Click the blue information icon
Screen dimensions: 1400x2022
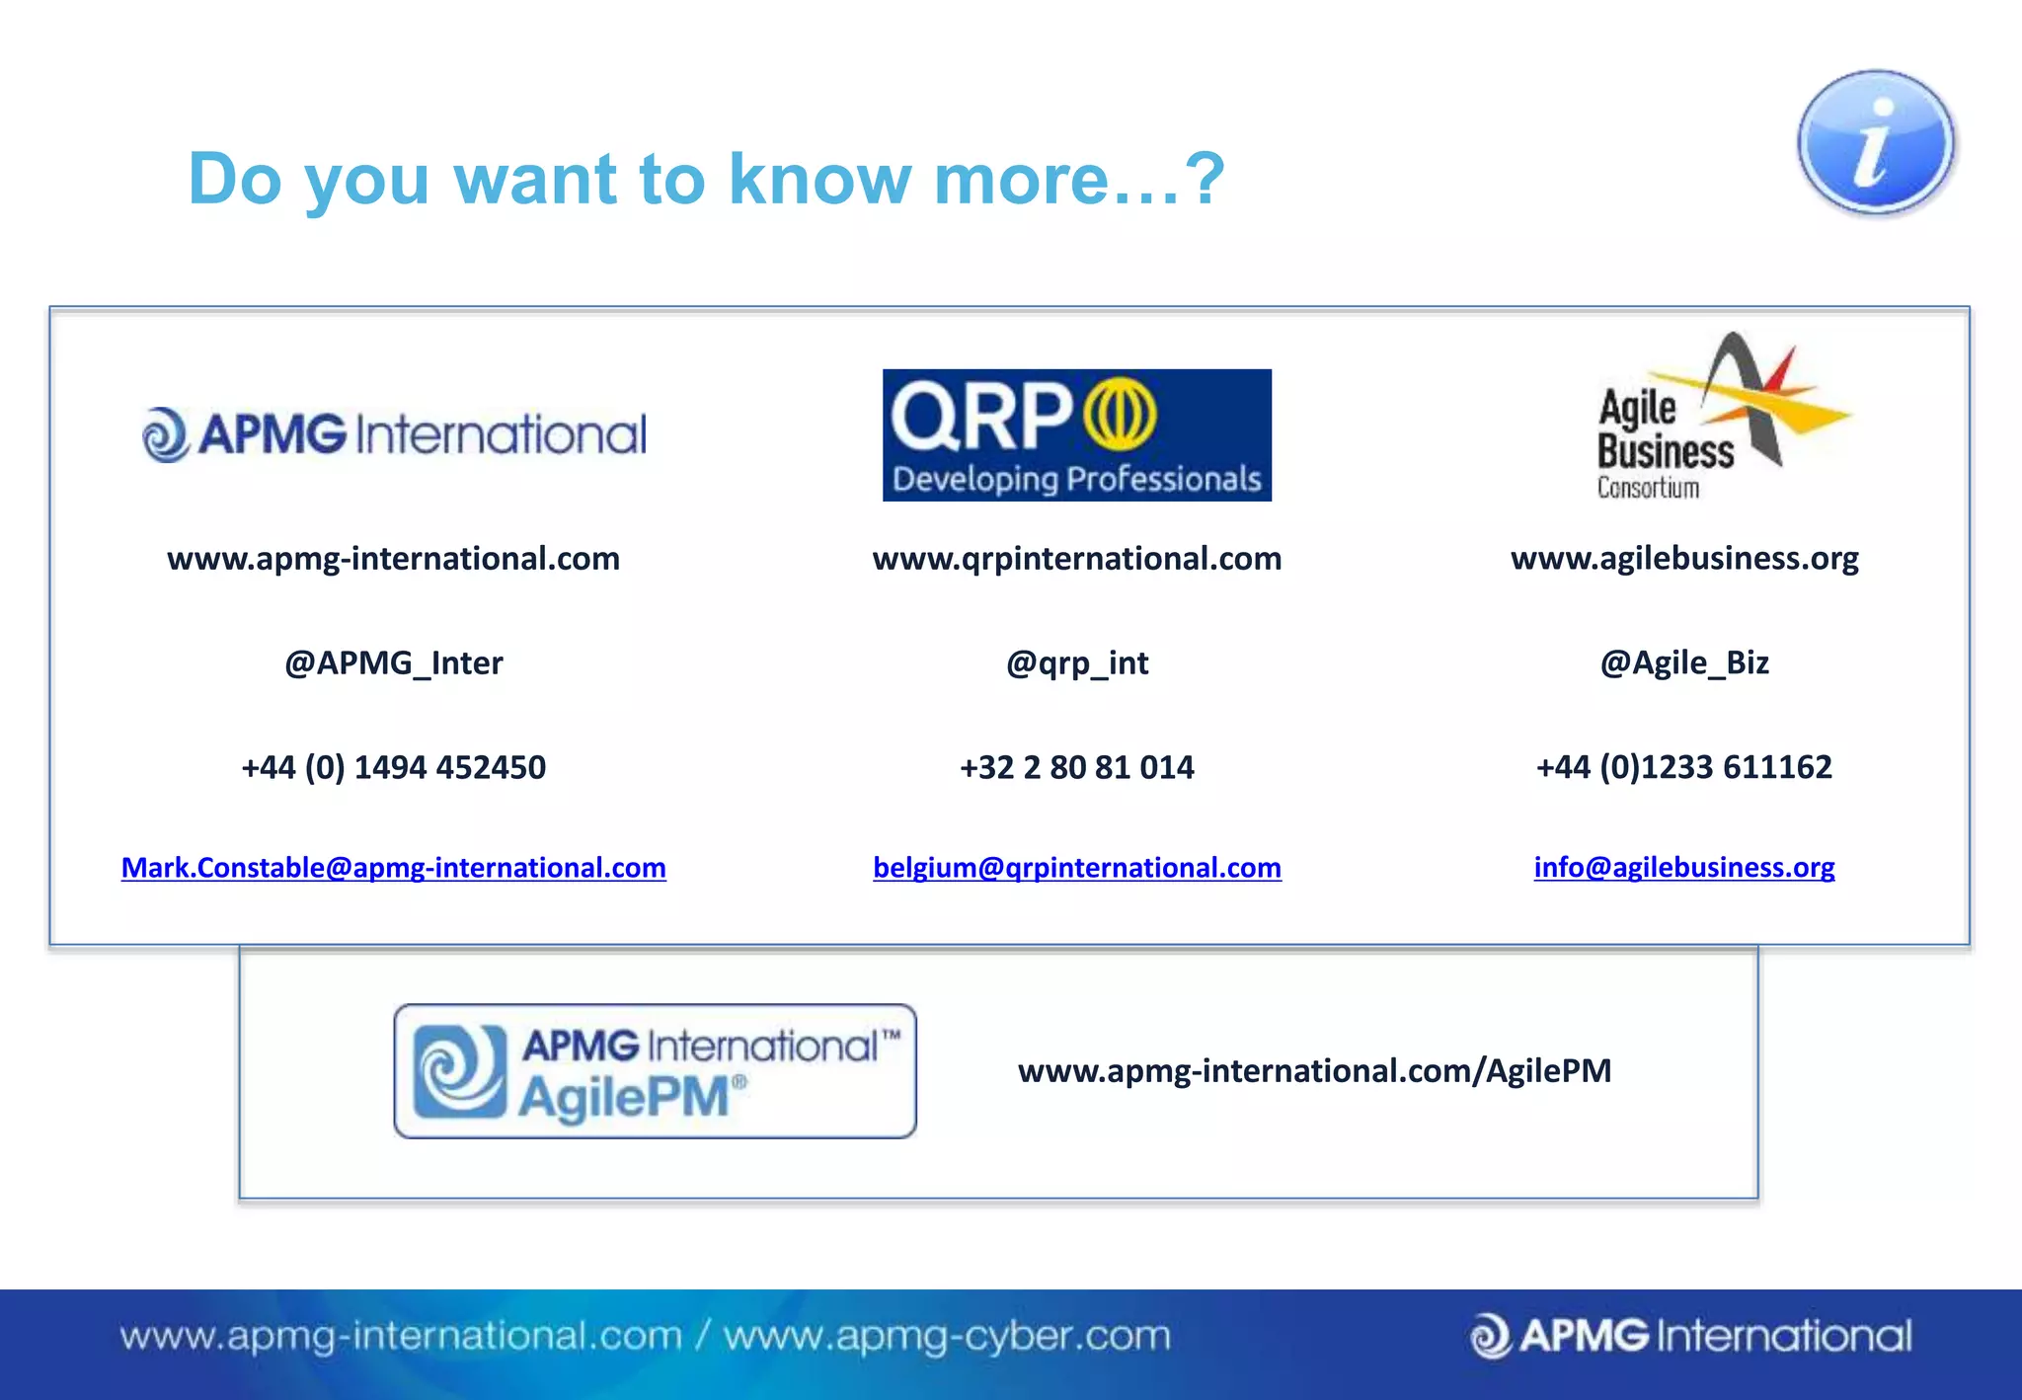[x=1875, y=143]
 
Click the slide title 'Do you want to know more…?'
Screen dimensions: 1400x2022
[x=706, y=179]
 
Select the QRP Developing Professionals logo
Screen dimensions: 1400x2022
[x=1076, y=435]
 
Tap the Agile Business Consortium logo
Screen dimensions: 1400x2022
[x=1718, y=420]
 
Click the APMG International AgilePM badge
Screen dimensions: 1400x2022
[x=655, y=1071]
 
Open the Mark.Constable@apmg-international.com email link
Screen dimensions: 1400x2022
[x=393, y=867]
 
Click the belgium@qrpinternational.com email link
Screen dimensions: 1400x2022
[x=1077, y=867]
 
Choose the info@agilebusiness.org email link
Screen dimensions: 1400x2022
[x=1683, y=867]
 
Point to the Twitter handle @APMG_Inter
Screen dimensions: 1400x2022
[x=393, y=662]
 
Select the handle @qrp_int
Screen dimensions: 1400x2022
[x=1077, y=662]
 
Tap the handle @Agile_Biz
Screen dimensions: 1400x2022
[x=1684, y=662]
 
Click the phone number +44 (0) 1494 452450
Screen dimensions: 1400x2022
[x=393, y=767]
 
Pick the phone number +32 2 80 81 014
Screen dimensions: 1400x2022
[x=1077, y=767]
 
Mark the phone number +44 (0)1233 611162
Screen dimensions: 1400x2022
[x=1684, y=767]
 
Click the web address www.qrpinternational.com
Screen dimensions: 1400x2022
[x=1077, y=559]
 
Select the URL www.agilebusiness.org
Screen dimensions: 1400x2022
[x=1684, y=559]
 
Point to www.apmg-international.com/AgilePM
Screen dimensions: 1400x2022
[x=1314, y=1071]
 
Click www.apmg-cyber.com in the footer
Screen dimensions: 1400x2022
[x=947, y=1337]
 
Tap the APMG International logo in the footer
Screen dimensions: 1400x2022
[x=1690, y=1337]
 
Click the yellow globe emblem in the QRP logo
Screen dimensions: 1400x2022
[x=1120, y=413]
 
